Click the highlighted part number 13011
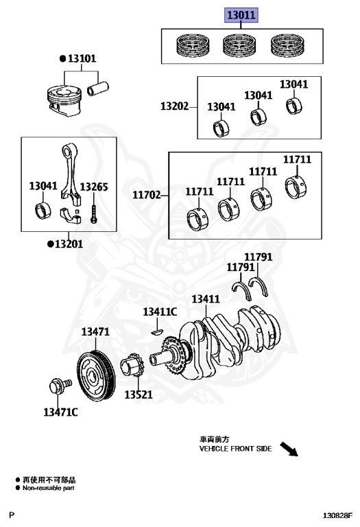(241, 15)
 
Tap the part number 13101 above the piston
(82, 58)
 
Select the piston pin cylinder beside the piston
(98, 89)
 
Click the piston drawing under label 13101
(64, 101)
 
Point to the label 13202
(175, 106)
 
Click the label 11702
(147, 195)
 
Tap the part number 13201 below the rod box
(69, 244)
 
